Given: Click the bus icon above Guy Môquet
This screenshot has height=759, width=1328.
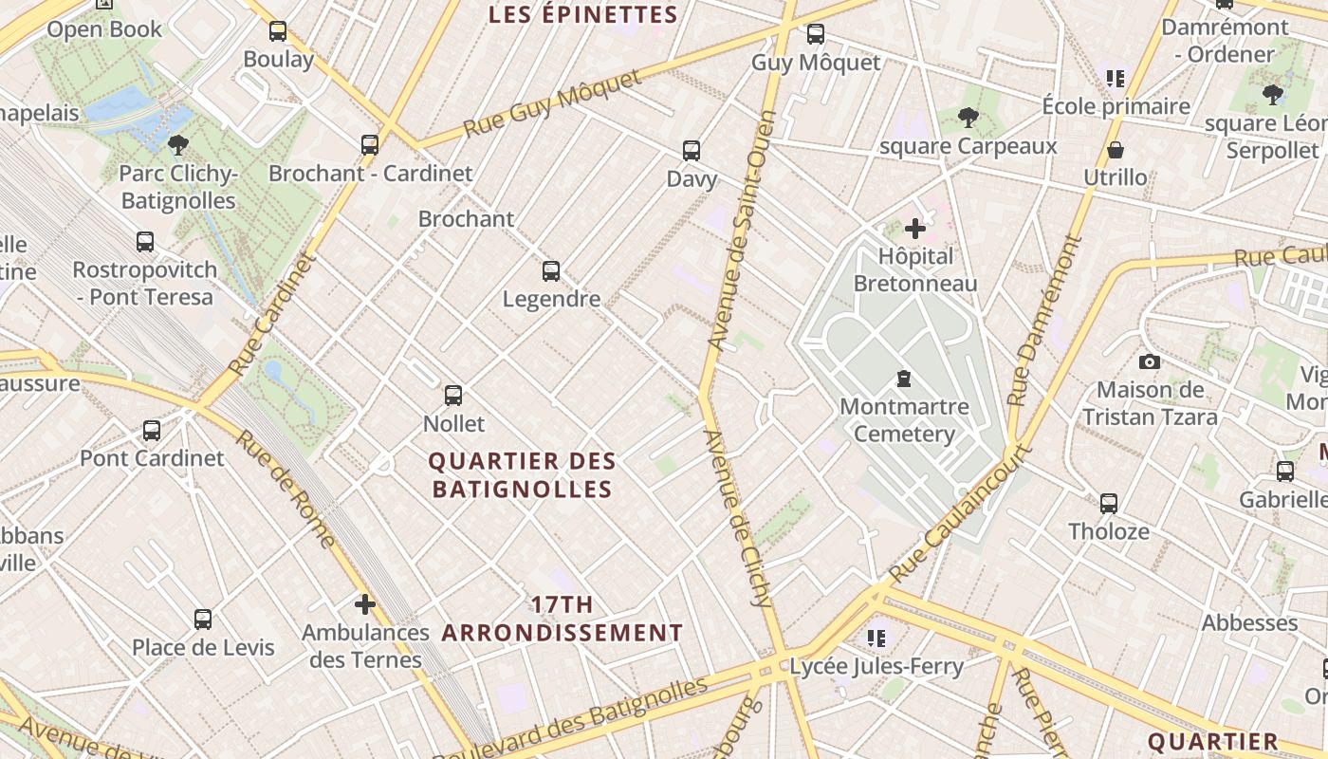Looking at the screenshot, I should (x=815, y=35).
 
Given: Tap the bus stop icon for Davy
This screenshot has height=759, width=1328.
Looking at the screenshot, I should (x=692, y=151).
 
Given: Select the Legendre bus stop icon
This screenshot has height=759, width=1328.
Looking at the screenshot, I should (x=551, y=271).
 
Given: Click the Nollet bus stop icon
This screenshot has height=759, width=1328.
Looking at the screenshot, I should (x=453, y=396).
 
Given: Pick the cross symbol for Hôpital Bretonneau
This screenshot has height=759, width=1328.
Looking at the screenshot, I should (x=915, y=229).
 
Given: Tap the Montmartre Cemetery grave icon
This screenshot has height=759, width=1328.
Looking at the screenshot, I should (x=904, y=379).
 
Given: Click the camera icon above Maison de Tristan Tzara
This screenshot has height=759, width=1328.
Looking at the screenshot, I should (x=1150, y=361).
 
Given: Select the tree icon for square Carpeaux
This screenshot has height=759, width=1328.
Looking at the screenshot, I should (x=968, y=119).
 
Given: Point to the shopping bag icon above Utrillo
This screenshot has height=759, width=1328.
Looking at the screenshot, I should (x=1116, y=150).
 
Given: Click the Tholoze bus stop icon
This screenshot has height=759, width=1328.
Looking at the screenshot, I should (x=1109, y=504).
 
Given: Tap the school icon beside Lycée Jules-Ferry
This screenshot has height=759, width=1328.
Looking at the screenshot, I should (x=876, y=639).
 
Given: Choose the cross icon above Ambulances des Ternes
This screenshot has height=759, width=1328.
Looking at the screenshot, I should (x=365, y=604).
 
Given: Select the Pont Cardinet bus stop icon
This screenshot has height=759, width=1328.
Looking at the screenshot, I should (x=152, y=431).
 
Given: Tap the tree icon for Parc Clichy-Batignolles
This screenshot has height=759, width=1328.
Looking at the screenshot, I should (x=177, y=145).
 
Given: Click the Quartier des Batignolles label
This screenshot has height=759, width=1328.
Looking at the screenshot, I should (x=522, y=475).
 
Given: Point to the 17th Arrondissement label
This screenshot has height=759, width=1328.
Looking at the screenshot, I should (x=563, y=619).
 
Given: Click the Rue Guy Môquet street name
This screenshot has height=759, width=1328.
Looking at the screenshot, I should (x=553, y=103).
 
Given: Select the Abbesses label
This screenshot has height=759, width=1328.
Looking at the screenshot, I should (x=1249, y=623).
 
